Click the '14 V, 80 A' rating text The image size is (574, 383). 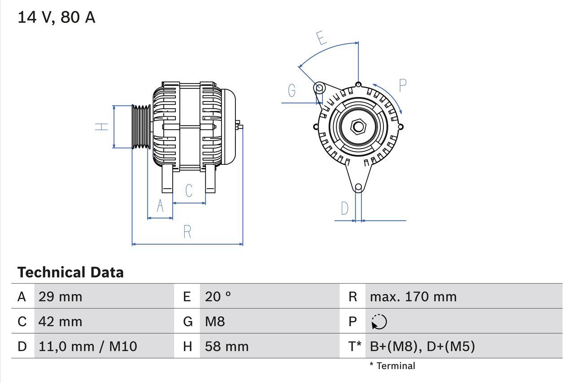(56, 18)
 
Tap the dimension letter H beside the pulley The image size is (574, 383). (103, 127)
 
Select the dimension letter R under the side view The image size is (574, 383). (187, 232)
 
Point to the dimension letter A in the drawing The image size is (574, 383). (160, 206)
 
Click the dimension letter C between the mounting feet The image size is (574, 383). (189, 190)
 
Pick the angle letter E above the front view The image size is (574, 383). (321, 38)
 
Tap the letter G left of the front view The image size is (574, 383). (292, 91)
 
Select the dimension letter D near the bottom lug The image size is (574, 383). (344, 208)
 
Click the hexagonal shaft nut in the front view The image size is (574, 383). (358, 127)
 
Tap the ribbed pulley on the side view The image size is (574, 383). (142, 127)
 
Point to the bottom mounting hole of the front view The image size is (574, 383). (358, 187)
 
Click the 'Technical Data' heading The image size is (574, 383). (70, 272)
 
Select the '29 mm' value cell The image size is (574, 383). (61, 296)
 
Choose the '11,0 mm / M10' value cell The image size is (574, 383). (88, 346)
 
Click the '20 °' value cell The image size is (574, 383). (218, 296)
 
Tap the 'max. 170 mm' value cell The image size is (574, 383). (413, 296)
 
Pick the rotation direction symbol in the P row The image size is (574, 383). (379, 321)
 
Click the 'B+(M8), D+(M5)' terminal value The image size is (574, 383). (422, 346)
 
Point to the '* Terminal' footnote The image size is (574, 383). (392, 365)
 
